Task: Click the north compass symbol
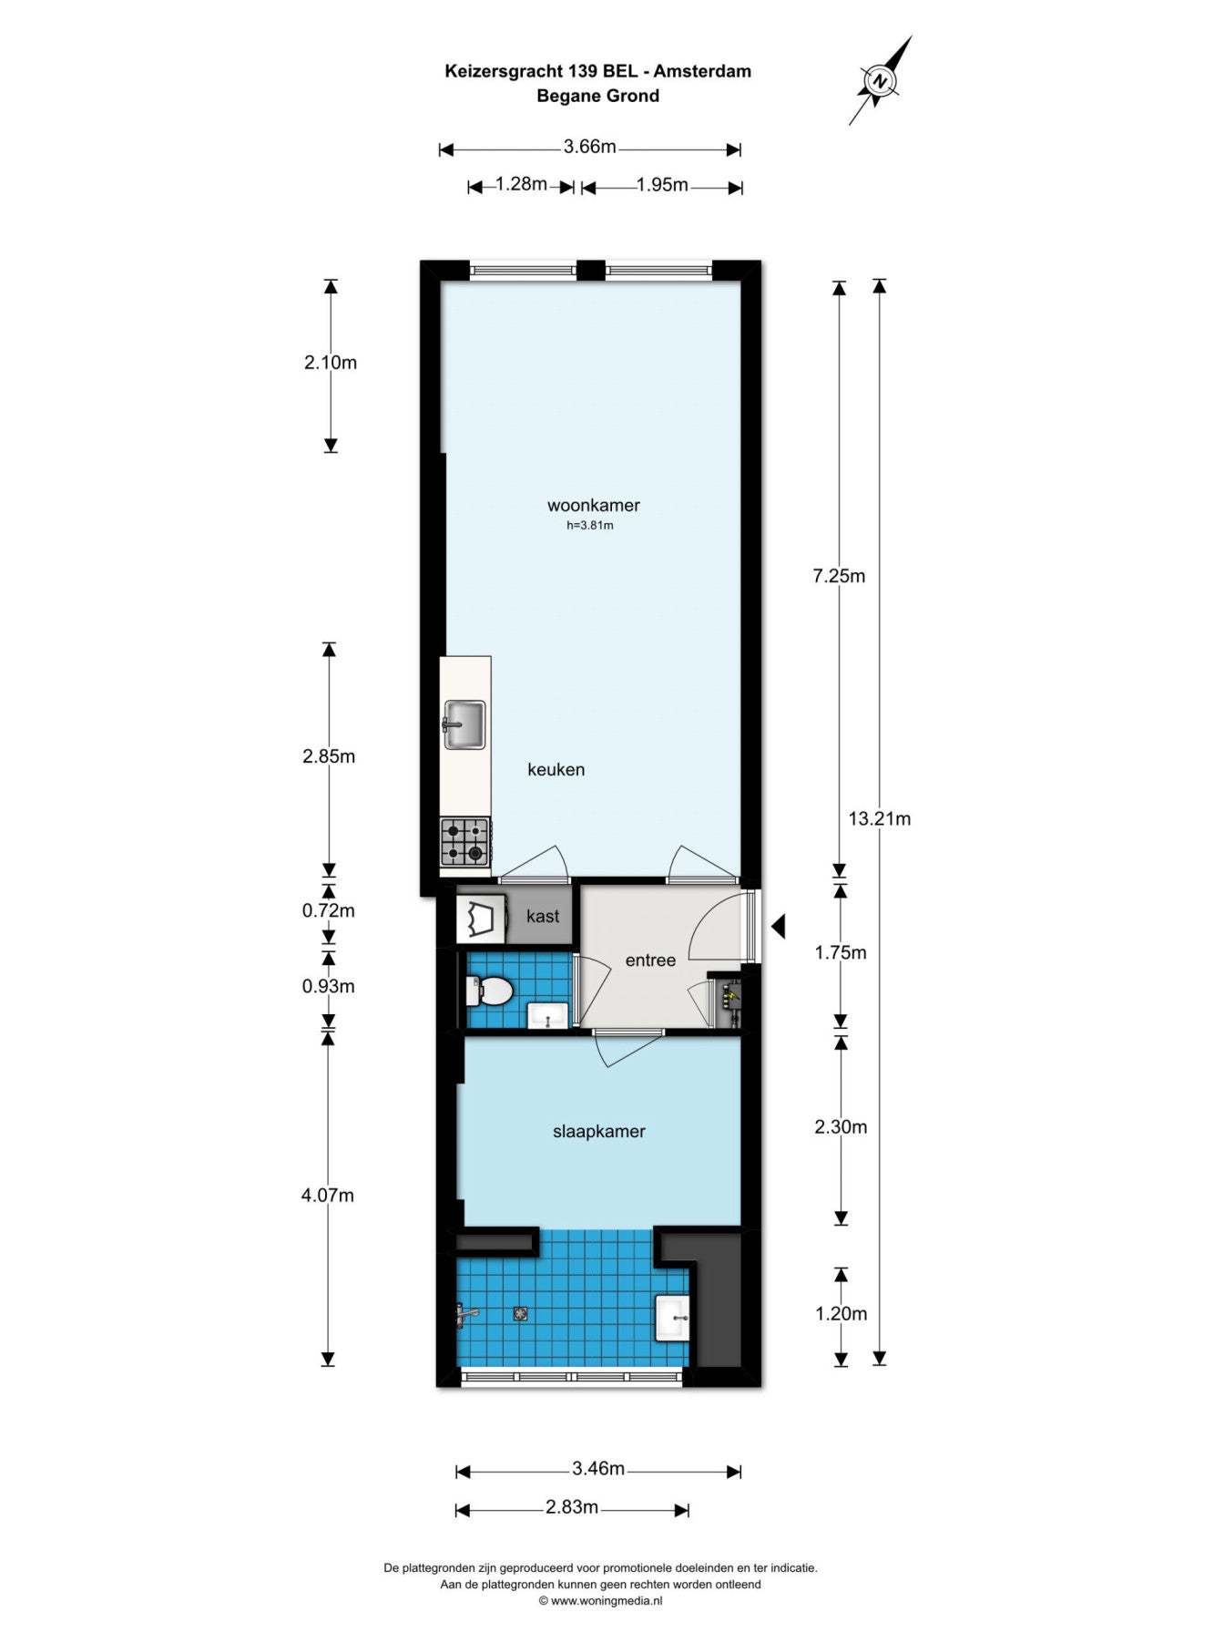click(880, 80)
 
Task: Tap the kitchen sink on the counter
click(464, 725)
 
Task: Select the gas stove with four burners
click(465, 842)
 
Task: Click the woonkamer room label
click(593, 505)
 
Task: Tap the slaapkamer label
click(598, 1131)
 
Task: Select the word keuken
click(556, 769)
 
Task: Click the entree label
click(650, 960)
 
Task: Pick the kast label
click(543, 916)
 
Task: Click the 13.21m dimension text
click(879, 818)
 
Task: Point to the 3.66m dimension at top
click(589, 146)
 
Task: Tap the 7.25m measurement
click(839, 576)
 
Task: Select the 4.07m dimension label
click(328, 1195)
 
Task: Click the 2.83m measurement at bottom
click(572, 1507)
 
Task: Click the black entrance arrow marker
click(778, 927)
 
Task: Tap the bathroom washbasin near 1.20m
click(672, 1318)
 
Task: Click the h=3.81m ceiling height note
click(590, 525)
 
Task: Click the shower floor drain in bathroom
click(520, 1313)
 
